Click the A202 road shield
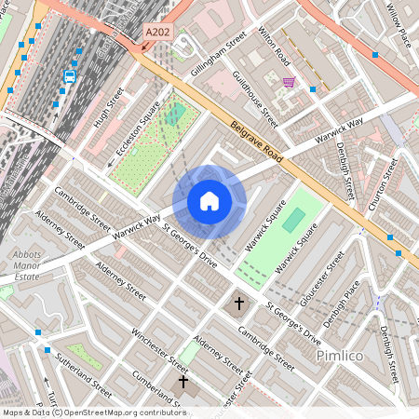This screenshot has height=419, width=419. click(x=157, y=32)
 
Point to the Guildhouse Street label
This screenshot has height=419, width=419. click(x=254, y=99)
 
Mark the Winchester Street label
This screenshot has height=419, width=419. click(x=160, y=349)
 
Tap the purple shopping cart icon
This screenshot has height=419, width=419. click(x=289, y=82)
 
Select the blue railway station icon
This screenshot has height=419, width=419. click(x=70, y=75)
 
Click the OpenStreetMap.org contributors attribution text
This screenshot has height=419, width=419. click(x=121, y=412)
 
